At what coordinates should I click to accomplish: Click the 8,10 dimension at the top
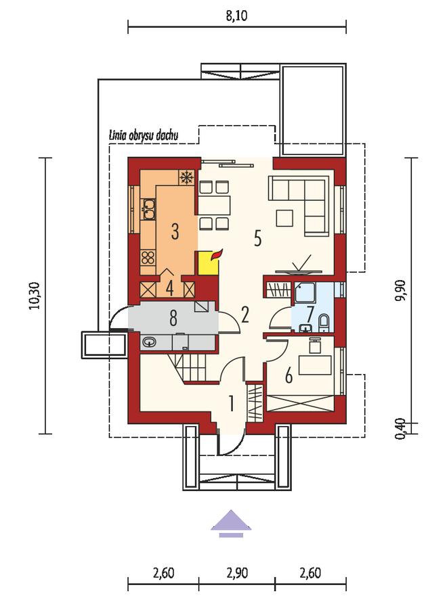tap(237, 16)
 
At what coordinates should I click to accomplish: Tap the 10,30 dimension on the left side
tap(35, 296)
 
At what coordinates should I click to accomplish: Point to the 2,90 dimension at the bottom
tap(237, 573)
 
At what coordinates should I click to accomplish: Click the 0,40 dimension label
tap(400, 428)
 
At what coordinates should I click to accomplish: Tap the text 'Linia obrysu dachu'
tap(144, 135)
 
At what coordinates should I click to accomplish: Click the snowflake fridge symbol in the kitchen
tap(186, 177)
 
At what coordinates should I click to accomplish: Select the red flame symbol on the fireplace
tap(217, 254)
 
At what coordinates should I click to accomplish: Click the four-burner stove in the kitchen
tap(148, 257)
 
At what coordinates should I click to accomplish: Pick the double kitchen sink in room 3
tap(148, 209)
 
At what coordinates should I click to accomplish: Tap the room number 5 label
tap(257, 238)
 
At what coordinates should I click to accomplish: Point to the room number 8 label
tap(173, 319)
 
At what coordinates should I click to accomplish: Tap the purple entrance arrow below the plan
tap(231, 524)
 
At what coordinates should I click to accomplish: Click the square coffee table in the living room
tap(284, 218)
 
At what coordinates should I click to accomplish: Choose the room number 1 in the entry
tap(232, 404)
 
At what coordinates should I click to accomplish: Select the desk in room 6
tap(316, 365)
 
